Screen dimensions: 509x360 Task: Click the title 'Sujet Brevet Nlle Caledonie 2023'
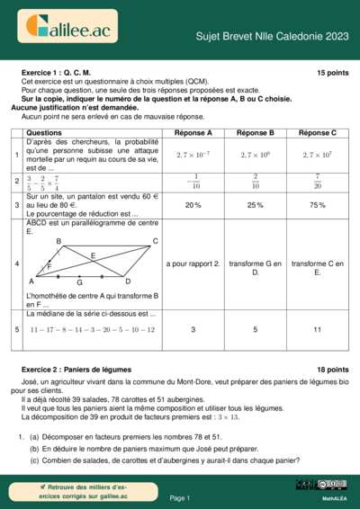273,37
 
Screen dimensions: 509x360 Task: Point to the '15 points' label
332,72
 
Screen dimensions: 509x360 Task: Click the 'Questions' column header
44,132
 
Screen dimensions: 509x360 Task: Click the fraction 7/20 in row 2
318,181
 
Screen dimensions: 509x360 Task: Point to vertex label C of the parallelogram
155,241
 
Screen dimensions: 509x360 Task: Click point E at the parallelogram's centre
93,256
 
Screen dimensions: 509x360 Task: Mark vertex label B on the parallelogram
59,242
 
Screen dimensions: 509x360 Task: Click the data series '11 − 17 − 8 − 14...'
79,330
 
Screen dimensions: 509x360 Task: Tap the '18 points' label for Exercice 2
332,370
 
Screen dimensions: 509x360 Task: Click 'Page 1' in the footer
180,497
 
